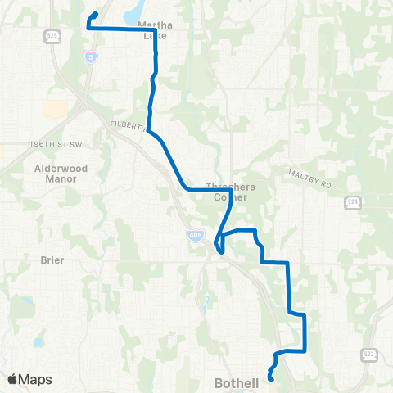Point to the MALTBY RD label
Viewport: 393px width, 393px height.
click(309, 178)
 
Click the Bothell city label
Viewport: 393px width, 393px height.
click(236, 382)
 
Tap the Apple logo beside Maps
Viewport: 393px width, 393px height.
click(12, 379)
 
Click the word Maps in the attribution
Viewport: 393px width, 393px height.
click(35, 379)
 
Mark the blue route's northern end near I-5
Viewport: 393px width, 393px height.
click(96, 13)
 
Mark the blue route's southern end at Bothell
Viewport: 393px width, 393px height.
click(271, 368)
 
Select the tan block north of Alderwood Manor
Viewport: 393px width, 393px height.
click(55, 111)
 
